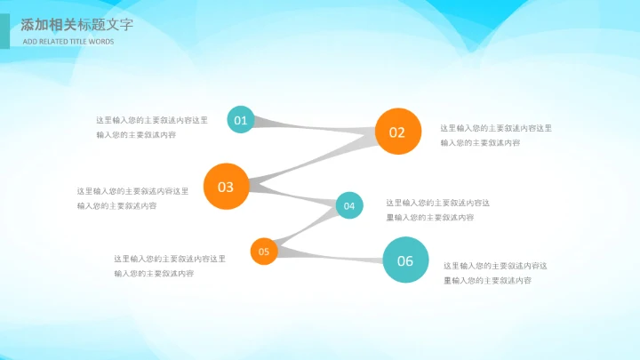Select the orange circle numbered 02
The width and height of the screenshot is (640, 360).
tap(396, 132)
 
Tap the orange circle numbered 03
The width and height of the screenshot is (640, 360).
tap(225, 187)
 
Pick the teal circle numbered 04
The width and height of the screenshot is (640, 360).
tap(349, 206)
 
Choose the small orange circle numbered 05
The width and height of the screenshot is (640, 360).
tap(264, 252)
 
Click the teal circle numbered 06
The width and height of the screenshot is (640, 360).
tap(405, 260)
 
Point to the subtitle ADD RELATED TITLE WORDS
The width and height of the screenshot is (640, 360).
tap(68, 42)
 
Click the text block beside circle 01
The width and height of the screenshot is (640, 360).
tap(152, 127)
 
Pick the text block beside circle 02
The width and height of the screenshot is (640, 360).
tap(496, 135)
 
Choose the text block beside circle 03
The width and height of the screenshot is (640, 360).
tap(132, 198)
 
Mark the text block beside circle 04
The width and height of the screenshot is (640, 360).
tap(438, 210)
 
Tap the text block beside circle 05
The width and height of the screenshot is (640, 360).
tap(169, 266)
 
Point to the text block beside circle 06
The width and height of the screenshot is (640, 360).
tap(495, 273)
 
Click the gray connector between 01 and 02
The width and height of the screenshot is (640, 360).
tap(311, 126)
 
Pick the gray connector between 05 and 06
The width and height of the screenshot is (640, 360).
tap(329, 256)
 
